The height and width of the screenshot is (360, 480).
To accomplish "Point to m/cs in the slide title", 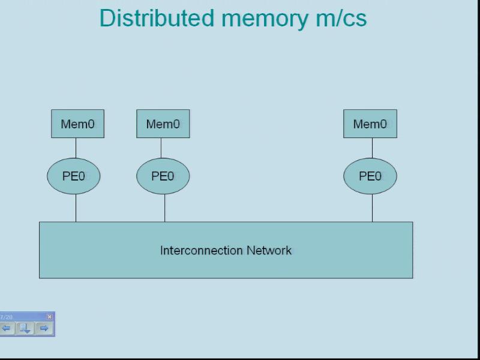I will coord(341,19).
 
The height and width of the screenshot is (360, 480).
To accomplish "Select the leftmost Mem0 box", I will coord(77,124).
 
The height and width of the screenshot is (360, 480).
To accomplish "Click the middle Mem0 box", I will coord(163,124).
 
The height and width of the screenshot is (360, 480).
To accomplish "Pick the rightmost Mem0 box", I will coord(370,124).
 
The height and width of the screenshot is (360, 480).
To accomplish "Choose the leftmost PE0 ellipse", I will coord(74,176).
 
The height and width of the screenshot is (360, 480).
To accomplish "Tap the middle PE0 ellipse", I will coord(163,176).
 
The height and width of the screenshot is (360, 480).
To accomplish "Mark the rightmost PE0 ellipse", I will coord(370,176).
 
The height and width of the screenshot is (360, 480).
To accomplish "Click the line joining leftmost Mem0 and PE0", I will coord(76,148).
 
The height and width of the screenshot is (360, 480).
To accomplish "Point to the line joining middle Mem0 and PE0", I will coord(161,148).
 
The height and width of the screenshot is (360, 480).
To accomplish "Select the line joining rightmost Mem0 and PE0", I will coord(372,148).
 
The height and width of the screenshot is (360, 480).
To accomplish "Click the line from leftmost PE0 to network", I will coord(76,208).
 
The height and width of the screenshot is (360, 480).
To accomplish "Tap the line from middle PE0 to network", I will coord(165,208).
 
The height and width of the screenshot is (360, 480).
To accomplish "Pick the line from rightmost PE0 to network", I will coord(372,208).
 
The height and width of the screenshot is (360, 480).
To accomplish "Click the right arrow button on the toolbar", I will coord(44,328).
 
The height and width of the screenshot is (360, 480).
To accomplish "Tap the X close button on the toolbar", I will coord(50,316).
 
